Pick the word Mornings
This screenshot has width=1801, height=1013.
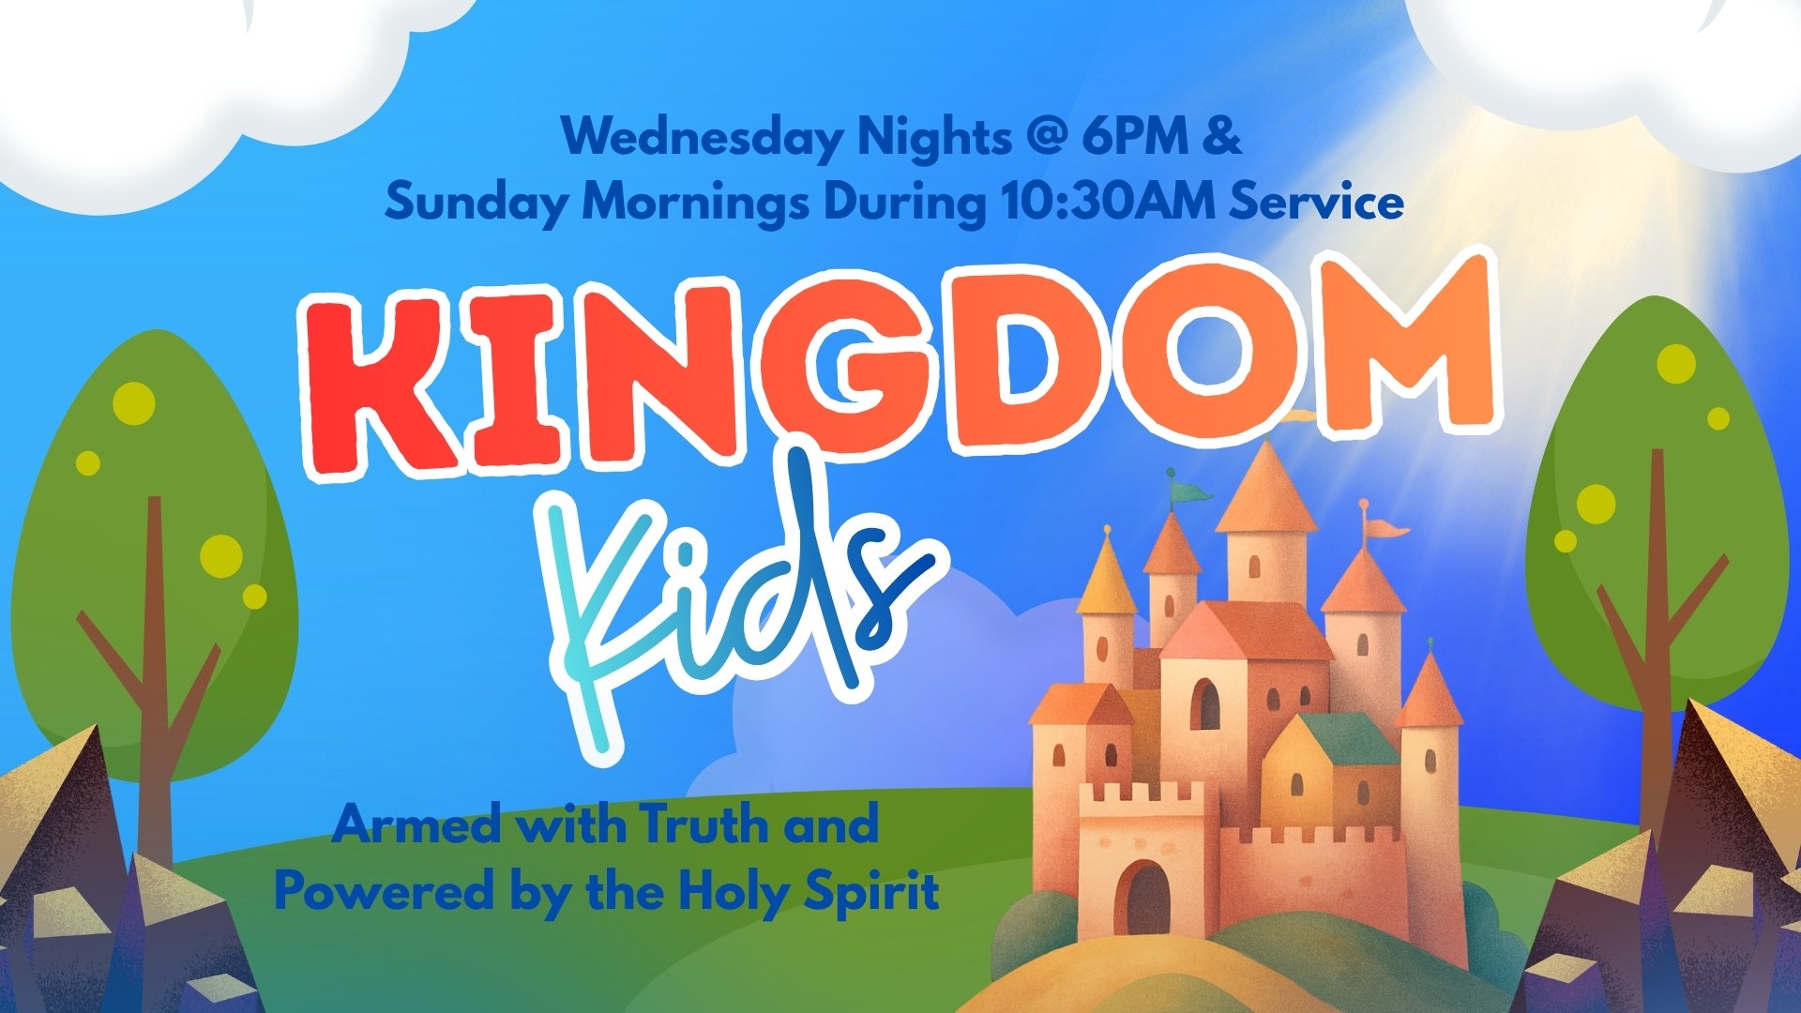(694, 203)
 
